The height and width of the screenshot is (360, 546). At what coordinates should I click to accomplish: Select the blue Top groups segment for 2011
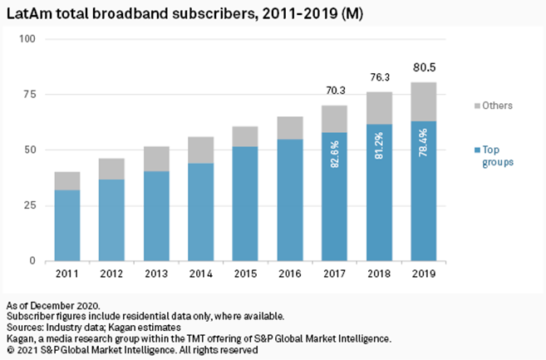(x=66, y=224)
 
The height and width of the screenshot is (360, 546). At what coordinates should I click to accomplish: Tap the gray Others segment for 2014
(x=201, y=150)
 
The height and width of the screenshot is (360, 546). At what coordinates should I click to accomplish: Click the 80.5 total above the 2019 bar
(x=425, y=71)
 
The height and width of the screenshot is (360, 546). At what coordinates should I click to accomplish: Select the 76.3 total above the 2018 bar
(x=380, y=81)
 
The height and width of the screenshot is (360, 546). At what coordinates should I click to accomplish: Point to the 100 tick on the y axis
(x=27, y=39)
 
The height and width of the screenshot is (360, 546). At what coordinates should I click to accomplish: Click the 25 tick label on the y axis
(x=30, y=205)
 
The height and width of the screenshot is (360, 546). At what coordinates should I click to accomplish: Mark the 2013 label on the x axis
(x=156, y=274)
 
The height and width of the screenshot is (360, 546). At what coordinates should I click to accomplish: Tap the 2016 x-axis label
(x=290, y=274)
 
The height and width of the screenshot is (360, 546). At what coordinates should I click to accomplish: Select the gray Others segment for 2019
(x=425, y=101)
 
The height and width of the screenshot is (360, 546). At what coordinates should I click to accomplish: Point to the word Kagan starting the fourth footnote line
(x=21, y=339)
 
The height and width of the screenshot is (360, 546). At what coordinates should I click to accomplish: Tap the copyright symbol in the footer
(x=10, y=351)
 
